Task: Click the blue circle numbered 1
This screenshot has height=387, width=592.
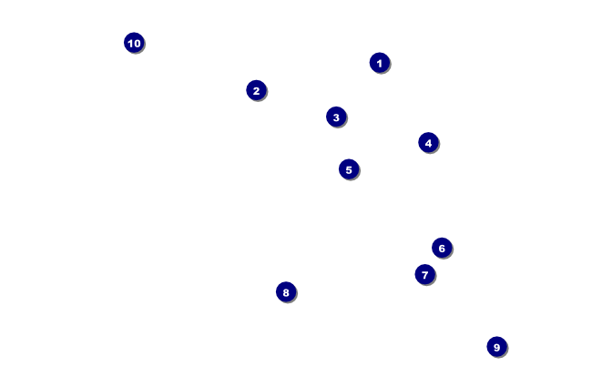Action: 380,63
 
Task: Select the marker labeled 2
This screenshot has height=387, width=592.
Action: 256,90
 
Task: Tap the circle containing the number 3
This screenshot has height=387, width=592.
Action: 336,117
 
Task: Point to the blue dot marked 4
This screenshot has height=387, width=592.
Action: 428,143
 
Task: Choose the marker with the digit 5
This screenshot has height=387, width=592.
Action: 349,169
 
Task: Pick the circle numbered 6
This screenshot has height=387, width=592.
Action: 442,248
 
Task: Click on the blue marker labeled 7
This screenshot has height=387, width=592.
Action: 424,274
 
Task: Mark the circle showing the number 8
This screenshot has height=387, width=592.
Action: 286,292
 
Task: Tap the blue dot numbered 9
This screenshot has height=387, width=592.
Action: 496,347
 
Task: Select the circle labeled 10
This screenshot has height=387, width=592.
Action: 134,43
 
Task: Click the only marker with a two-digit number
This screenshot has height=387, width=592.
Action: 134,43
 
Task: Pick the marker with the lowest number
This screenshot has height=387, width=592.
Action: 380,63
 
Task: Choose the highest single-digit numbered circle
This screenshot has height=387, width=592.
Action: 496,347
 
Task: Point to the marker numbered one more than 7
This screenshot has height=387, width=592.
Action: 286,292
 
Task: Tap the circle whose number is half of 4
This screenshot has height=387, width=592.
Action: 256,90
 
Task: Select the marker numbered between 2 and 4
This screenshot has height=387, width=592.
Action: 336,117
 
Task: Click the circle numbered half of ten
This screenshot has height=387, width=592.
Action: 349,169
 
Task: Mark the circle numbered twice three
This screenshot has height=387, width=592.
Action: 442,248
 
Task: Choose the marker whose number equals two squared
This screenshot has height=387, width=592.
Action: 428,143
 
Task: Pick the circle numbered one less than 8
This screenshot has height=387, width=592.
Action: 424,274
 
